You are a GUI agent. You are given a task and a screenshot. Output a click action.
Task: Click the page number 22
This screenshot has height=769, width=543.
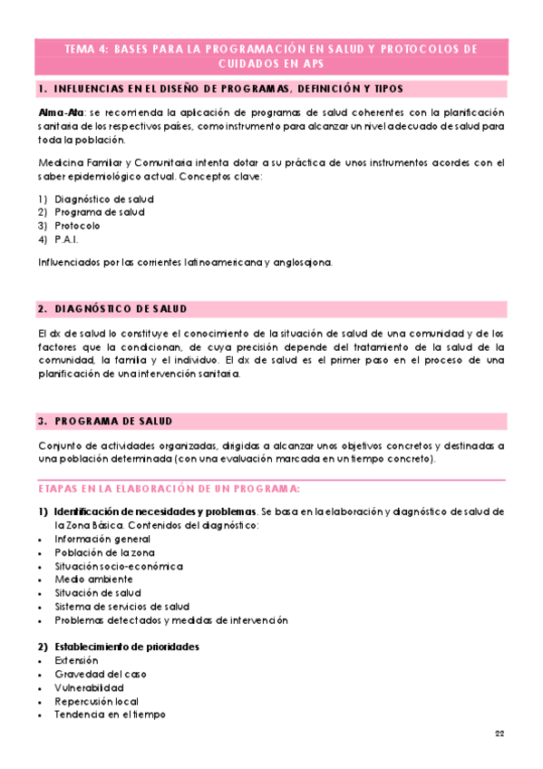pyautogui.click(x=499, y=732)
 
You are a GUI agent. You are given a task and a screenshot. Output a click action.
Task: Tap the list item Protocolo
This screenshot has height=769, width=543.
pyautogui.click(x=77, y=226)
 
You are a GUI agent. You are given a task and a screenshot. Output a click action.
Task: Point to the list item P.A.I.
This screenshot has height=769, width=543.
pyautogui.click(x=66, y=239)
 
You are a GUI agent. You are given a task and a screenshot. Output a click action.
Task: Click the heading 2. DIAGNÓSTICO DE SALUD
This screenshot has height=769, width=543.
pyautogui.click(x=114, y=309)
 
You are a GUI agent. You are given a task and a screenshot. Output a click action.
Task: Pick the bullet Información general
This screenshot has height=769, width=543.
pyautogui.click(x=96, y=539)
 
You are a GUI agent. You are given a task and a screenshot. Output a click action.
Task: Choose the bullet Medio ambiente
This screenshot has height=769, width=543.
pyautogui.click(x=87, y=579)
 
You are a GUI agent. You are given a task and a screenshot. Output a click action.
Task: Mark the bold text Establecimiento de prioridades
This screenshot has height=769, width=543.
pyautogui.click(x=127, y=647)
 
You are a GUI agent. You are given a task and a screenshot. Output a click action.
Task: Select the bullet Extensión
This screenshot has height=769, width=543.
pyautogui.click(x=77, y=660)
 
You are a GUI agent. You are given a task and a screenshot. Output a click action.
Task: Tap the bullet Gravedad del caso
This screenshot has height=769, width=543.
pyautogui.click(x=100, y=674)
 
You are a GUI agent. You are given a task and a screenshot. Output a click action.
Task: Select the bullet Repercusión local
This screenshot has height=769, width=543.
pyautogui.click(x=96, y=701)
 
